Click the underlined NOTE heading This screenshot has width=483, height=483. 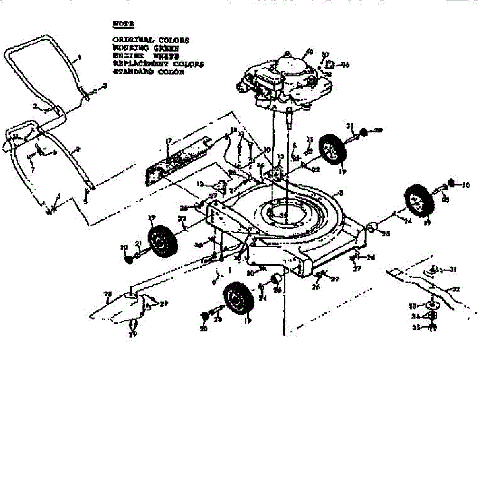coord(123,24)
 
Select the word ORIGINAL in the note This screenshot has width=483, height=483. coord(133,40)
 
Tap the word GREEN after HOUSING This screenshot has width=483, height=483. coord(164,48)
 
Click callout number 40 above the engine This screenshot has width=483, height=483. coord(309,51)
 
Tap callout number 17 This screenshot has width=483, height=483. coord(169,141)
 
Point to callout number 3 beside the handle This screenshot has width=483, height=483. coord(105,85)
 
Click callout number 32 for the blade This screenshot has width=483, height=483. coord(456,289)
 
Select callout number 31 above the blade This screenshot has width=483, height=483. coord(453,270)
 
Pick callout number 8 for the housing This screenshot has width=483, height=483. coord(341,193)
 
